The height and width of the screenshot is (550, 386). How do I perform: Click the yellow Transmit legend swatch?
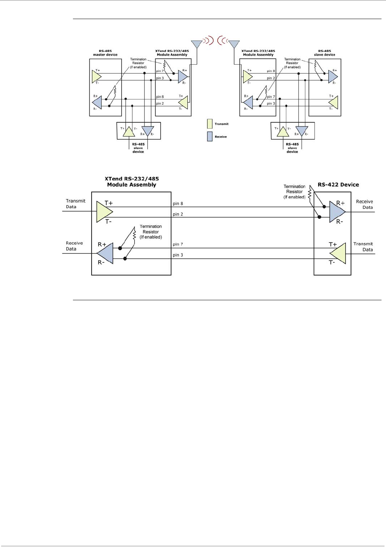tap(209, 124)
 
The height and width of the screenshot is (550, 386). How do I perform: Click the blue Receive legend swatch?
tap(209, 136)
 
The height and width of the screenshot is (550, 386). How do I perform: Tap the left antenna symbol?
tap(197, 44)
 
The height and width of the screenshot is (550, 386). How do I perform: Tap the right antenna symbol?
tap(234, 44)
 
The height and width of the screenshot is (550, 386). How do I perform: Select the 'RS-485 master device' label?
tap(105, 53)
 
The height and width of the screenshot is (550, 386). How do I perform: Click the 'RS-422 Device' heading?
tap(338, 185)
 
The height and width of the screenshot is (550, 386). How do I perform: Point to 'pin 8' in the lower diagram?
tap(178, 203)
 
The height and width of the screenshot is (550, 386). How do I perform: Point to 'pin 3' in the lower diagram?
tap(178, 255)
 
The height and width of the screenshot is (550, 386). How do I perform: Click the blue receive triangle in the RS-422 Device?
tap(337, 212)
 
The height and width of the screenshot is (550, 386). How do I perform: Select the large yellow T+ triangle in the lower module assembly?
tap(105, 212)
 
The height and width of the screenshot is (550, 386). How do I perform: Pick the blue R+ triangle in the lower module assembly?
tap(105, 254)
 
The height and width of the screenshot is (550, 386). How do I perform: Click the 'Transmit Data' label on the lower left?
tap(76, 204)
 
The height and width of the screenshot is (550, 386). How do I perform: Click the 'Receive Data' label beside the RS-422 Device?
tap(364, 204)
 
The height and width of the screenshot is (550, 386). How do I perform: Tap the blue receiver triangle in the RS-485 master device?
tap(97, 102)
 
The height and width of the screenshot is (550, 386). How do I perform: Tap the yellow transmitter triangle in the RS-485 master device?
tap(97, 77)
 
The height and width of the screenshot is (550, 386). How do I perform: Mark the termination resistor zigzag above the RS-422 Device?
tap(310, 193)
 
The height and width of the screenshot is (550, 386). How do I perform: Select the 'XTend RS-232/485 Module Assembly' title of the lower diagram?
tap(132, 182)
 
